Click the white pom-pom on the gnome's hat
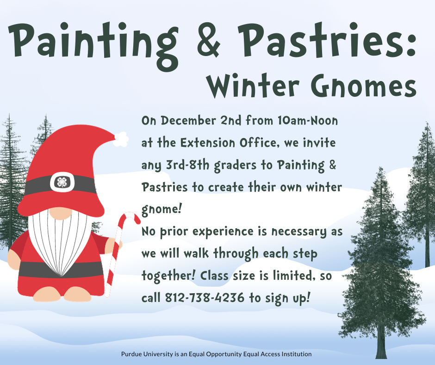[x=121, y=139]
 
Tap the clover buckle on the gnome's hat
[x=62, y=182]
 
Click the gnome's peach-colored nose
[x=61, y=213]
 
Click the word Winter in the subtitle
[x=253, y=86]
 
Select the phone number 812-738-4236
[x=205, y=298]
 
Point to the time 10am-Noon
[x=308, y=121]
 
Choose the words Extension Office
[x=229, y=143]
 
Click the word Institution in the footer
[x=297, y=354]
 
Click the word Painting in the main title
[x=94, y=44]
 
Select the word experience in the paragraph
[x=223, y=232]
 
